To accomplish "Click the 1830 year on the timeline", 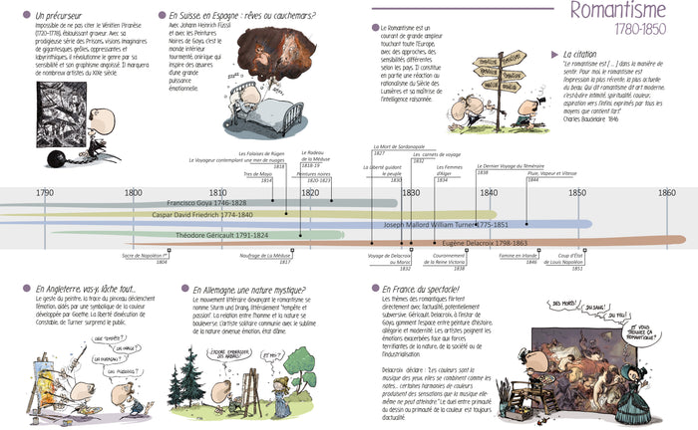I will pos(410,192).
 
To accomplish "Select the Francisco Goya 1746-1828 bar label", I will pos(206,202).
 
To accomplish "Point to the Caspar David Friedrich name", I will pos(201,214).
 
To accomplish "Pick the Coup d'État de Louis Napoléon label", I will pos(570,259).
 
